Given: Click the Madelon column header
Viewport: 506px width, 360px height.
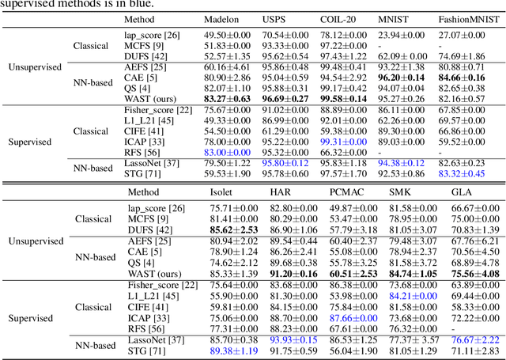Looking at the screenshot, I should [221, 18].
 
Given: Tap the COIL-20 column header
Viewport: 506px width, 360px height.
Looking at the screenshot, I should [340, 18].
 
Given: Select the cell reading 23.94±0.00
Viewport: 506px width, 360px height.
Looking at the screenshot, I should [405, 36].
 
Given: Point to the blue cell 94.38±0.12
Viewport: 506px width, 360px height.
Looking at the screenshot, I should [405, 163].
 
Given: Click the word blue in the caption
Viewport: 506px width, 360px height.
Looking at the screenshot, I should [143, 3].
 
